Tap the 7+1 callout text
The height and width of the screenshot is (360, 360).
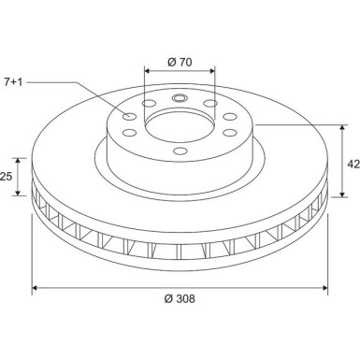(x=15, y=83)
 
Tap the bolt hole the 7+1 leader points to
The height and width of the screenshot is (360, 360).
(x=130, y=117)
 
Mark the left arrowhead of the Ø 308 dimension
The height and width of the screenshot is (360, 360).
(x=36, y=287)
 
